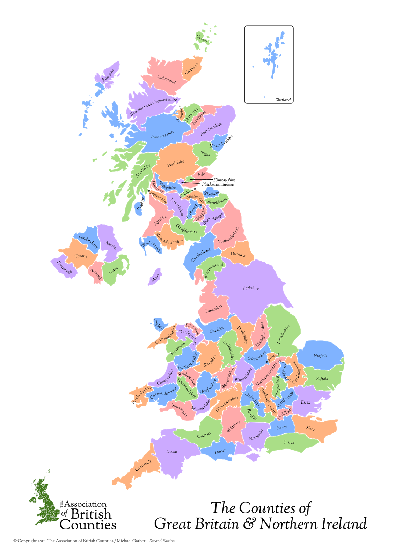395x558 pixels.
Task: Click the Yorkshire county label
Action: coord(250,288)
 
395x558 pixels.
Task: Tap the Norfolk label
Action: coord(320,356)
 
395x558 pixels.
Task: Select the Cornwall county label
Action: coord(143,465)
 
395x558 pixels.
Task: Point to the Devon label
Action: coord(171,452)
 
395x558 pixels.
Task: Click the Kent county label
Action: coord(310,428)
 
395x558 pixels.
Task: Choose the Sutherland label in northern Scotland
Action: coord(166,79)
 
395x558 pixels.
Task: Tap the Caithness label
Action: coord(191,68)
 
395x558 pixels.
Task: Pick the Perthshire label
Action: coord(175,163)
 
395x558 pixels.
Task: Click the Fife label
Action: coord(201,174)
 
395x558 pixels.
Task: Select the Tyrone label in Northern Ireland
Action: coord(81,256)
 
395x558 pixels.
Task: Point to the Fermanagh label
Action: coord(64,267)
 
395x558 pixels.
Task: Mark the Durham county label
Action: coord(238,254)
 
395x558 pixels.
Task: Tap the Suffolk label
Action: coord(322,379)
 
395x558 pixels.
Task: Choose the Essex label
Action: coord(306,402)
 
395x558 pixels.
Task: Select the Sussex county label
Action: coord(289,442)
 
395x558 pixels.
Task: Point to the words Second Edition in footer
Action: coord(162,541)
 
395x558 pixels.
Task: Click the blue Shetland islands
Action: coord(273,56)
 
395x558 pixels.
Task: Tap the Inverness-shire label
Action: coord(162,135)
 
